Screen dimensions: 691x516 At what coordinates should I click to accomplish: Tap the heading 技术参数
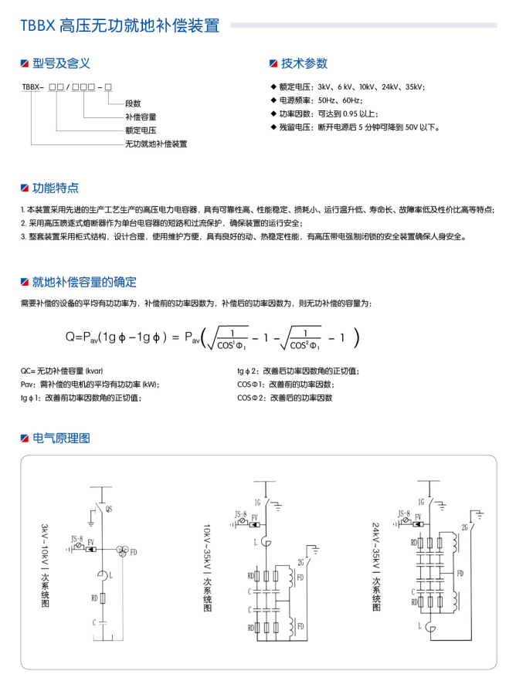pos(304,63)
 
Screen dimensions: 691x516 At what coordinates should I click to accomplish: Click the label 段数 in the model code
pos(133,103)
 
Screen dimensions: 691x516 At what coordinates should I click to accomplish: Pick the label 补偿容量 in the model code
pos(140,117)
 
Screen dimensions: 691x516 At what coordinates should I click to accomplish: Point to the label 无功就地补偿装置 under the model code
pos(156,144)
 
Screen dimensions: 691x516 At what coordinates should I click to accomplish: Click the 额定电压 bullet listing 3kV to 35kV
pos(351,86)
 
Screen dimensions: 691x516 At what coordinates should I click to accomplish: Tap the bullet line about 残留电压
pos(359,127)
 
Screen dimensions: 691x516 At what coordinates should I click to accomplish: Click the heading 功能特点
pos(55,188)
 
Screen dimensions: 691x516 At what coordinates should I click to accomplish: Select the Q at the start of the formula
pos(70,337)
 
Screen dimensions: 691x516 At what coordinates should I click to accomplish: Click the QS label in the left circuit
pos(109,510)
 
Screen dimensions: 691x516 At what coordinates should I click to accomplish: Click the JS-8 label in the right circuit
pos(403,513)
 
